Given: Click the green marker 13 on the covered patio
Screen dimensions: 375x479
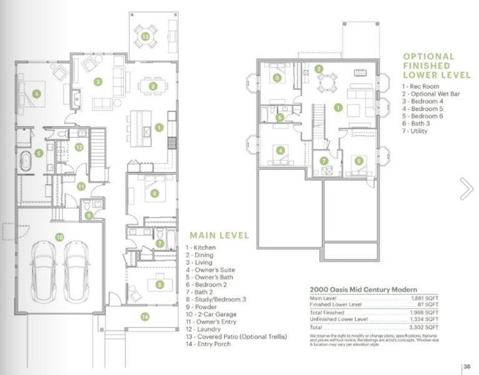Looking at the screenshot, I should (146, 37).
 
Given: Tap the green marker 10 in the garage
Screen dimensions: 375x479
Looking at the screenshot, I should (59, 237).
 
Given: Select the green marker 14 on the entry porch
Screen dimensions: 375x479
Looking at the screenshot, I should (145, 317).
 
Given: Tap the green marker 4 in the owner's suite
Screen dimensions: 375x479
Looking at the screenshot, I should (37, 94).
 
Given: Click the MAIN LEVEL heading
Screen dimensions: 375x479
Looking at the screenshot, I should (219, 236).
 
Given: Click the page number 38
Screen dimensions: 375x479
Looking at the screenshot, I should (467, 367).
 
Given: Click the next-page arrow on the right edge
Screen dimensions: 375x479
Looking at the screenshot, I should (466, 189).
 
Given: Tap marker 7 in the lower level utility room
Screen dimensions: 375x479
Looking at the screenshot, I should (324, 161).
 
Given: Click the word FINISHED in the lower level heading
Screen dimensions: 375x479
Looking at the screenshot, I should (428, 66).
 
